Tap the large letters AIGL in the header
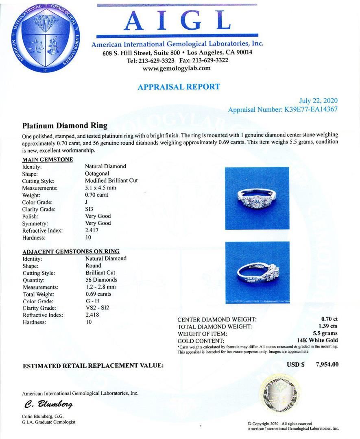[x=177, y=21]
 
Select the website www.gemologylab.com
[x=177, y=68]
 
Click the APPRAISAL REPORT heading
[x=179, y=87]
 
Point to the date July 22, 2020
[x=318, y=101]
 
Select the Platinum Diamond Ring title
[x=65, y=125]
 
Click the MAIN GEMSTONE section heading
[x=48, y=159]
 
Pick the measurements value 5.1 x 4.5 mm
[x=100, y=188]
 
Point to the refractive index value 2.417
[x=92, y=230]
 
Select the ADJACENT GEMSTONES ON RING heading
[x=71, y=252]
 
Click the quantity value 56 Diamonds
[x=101, y=280]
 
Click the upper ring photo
[x=257, y=198]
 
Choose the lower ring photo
[x=257, y=272]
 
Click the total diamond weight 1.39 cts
[x=328, y=326]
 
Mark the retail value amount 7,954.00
[x=327, y=364]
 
